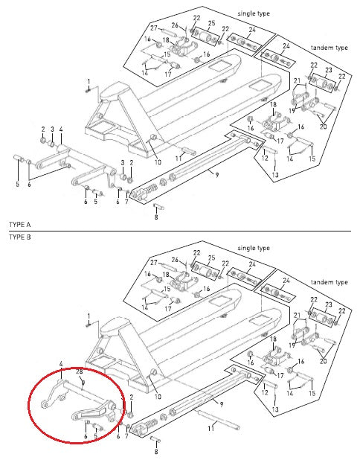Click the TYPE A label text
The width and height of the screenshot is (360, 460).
(19, 223)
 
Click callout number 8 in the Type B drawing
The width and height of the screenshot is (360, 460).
(156, 451)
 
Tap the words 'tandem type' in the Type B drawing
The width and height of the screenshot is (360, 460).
(330, 283)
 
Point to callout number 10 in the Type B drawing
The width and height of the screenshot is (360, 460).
(158, 397)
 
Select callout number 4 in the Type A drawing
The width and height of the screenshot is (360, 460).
(61, 129)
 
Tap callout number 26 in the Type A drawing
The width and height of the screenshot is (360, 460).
(175, 25)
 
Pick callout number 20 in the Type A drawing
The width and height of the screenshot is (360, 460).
(323, 126)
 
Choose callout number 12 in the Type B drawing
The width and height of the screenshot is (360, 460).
(265, 392)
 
